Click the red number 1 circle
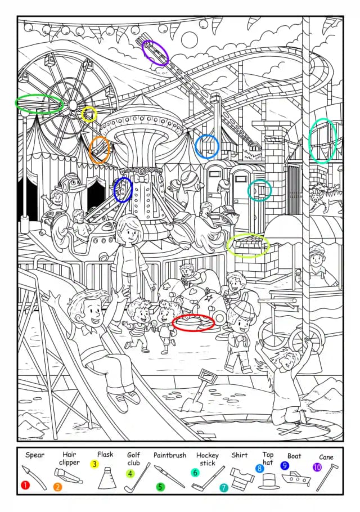25,485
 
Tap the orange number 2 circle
57,487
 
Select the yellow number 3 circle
94,464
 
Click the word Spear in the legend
35,455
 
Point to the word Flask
105,454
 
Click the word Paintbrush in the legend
170,455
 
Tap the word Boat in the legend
294,456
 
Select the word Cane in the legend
326,457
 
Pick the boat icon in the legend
296,478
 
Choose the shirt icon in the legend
242,477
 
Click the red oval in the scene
193,322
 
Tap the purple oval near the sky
155,53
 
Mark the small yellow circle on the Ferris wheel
89,114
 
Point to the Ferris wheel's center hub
73,105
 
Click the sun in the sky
190,40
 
